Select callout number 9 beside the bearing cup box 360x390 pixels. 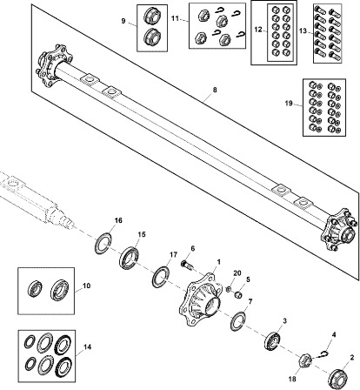click(x=123, y=20)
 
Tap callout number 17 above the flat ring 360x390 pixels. click(x=162, y=254)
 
